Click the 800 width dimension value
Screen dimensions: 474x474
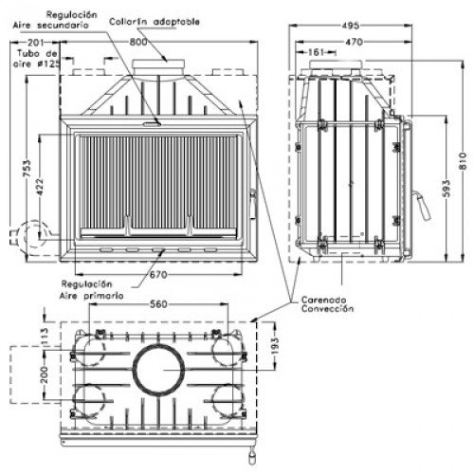(x=138, y=42)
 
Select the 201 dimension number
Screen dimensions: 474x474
(x=36, y=42)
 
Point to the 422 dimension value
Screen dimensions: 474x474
(x=39, y=187)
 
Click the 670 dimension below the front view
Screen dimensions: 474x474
(x=158, y=275)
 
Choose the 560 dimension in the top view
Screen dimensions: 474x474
(x=158, y=304)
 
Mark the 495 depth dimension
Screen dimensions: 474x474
(x=351, y=26)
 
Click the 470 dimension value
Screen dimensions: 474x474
(x=354, y=42)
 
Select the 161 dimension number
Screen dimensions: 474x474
(x=316, y=52)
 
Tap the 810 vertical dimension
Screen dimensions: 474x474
(x=463, y=161)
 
